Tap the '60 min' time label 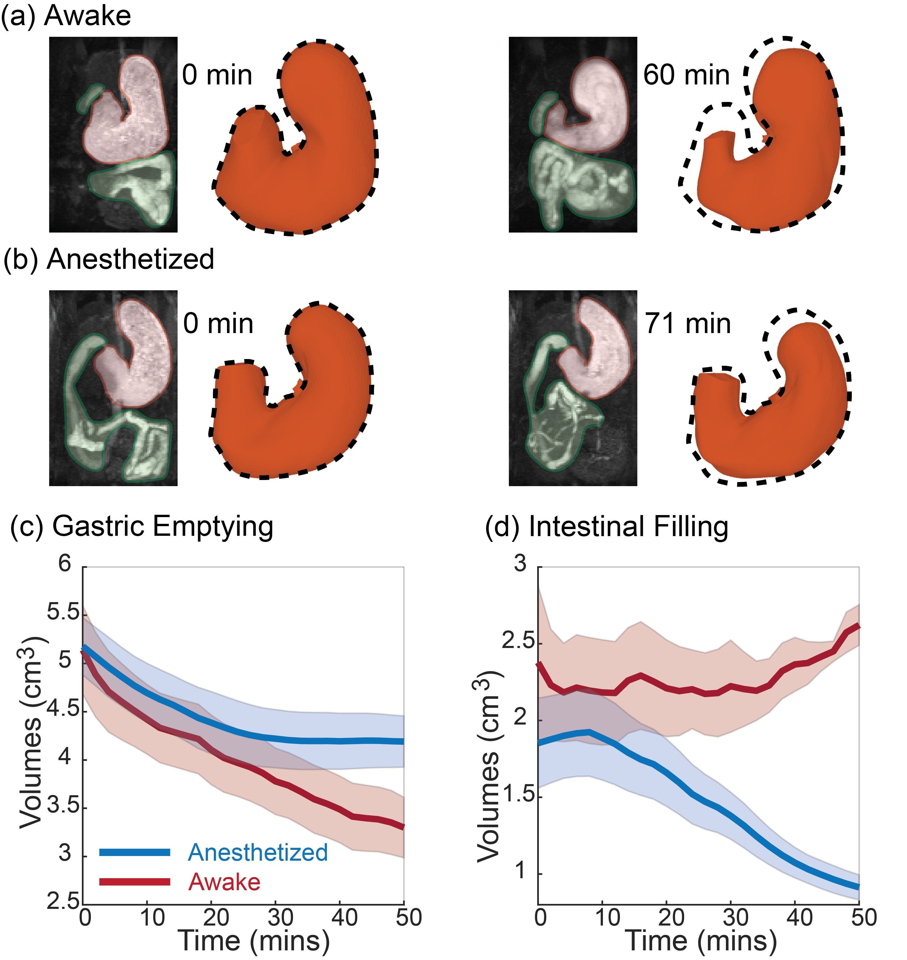point(686,75)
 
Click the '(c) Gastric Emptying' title point(142,526)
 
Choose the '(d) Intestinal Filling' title point(606,526)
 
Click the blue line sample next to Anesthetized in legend point(134,852)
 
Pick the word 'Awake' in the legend point(224,882)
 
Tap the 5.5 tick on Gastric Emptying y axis point(63,613)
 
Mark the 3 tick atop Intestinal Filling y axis point(520,564)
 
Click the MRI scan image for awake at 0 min point(113,134)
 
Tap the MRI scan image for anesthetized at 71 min point(573,388)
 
